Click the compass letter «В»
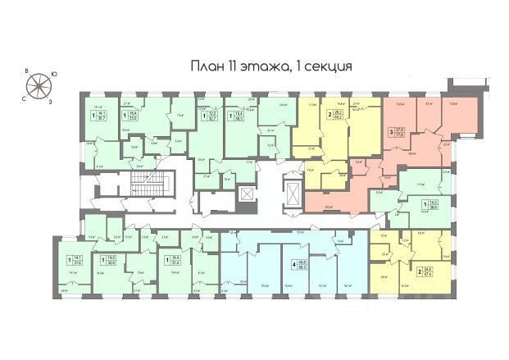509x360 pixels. point(26,71)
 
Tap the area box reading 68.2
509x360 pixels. point(337,116)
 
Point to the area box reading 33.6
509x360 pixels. point(133,116)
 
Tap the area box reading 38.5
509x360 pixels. point(239,116)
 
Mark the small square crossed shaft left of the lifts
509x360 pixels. point(246,194)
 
